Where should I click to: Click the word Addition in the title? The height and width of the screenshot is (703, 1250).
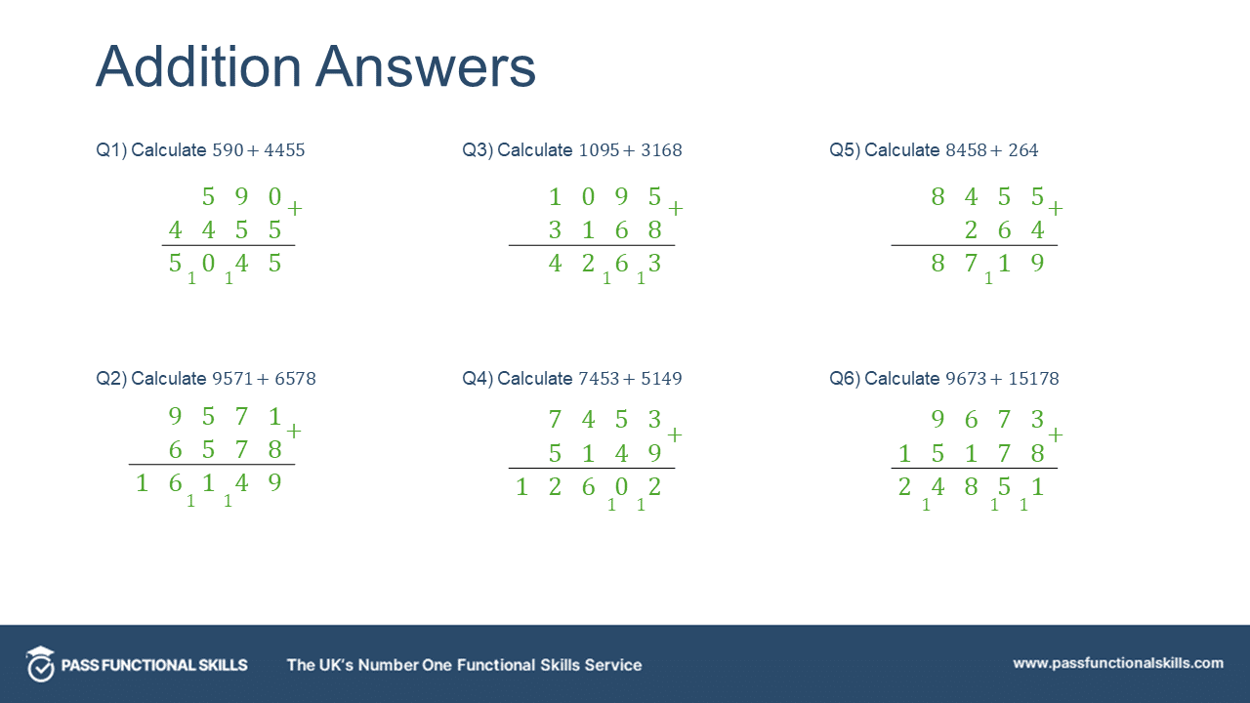[x=198, y=67]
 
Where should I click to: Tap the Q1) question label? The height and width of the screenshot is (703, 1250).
[x=111, y=150]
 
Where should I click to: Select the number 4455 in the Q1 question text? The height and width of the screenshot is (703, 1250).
[x=284, y=150]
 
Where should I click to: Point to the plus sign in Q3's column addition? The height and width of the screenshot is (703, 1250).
[x=675, y=209]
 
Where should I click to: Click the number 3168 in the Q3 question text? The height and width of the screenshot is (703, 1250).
[x=661, y=150]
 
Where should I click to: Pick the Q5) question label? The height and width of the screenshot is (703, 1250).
[x=845, y=150]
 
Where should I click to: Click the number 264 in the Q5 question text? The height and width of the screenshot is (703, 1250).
[x=1022, y=150]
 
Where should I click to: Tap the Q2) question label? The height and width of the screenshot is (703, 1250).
[x=111, y=379]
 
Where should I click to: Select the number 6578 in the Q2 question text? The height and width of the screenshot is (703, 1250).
[x=295, y=379]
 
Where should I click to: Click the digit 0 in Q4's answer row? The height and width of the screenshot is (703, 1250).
[x=621, y=487]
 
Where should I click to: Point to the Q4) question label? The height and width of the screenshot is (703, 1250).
[x=478, y=379]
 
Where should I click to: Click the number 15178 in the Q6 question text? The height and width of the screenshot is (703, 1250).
[x=1033, y=379]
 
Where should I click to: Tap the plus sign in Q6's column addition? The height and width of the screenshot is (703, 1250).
[x=1056, y=434]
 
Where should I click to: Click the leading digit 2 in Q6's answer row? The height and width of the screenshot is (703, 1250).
[x=904, y=487]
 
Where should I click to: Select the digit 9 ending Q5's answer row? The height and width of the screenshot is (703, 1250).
[x=1037, y=263]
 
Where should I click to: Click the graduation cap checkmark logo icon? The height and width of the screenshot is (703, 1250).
[x=40, y=664]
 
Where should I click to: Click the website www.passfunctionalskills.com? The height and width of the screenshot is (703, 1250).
[x=1118, y=663]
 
